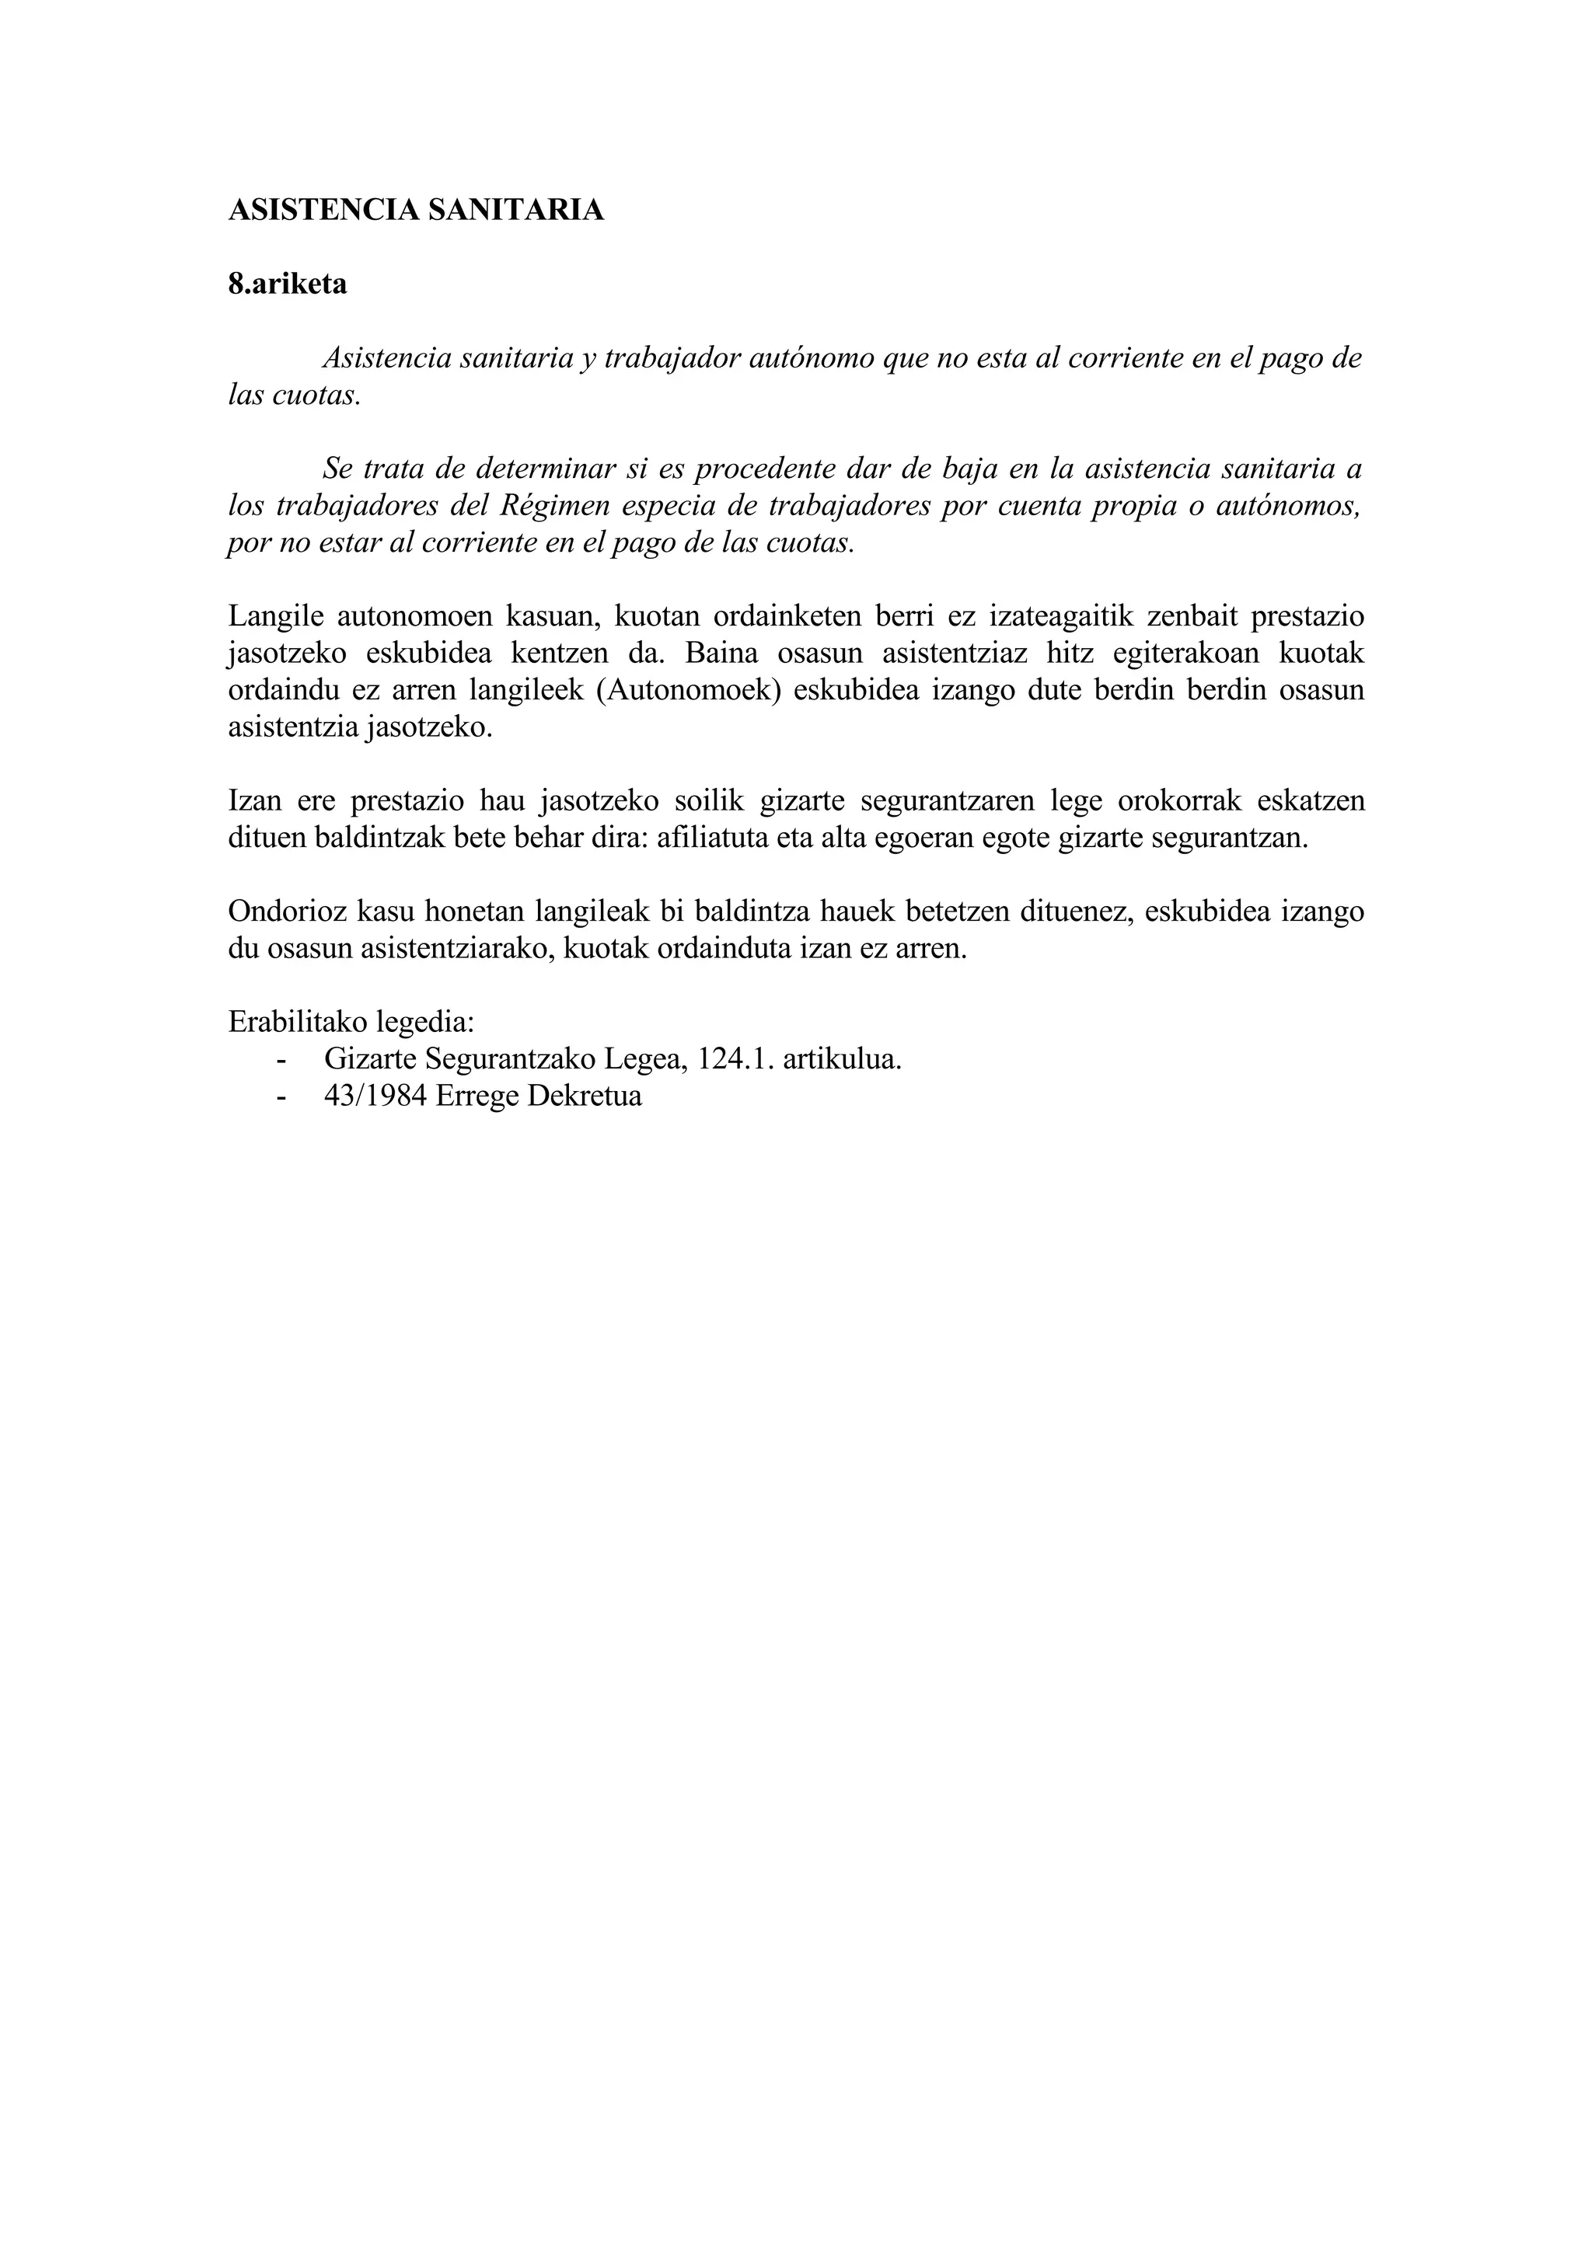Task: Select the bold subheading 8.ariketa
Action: [x=288, y=284]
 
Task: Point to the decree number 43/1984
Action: [x=375, y=1096]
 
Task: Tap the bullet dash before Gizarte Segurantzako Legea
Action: [x=284, y=1060]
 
